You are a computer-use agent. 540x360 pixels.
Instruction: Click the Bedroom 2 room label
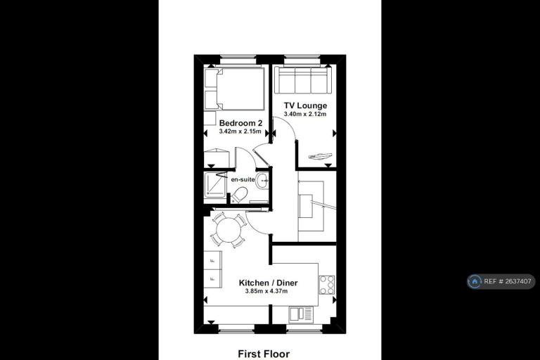pos(240,123)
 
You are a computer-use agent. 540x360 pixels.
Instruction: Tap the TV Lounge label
pos(305,105)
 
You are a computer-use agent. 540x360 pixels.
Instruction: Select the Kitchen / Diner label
pos(269,283)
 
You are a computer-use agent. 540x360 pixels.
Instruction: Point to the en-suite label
pos(243,179)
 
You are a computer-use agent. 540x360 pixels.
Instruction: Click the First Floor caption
pos(264,354)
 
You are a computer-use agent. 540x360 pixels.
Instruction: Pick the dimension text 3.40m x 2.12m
pos(304,114)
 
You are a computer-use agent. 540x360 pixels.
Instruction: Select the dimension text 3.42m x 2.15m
pos(240,131)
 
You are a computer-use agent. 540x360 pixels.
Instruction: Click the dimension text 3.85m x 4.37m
pos(266,291)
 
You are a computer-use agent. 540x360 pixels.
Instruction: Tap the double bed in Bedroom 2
pos(235,89)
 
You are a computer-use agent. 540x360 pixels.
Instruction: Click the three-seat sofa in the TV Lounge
pos(303,80)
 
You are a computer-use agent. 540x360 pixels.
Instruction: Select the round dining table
pos(228,230)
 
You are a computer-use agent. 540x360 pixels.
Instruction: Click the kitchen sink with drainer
pos(301,314)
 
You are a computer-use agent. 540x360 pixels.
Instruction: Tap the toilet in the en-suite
pos(238,195)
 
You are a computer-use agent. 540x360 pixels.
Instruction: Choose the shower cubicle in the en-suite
pos(215,186)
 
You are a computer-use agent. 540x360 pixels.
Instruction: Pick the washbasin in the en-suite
pos(262,180)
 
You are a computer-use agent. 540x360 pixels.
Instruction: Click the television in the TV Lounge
pos(321,156)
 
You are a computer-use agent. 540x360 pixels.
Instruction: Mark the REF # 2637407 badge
pos(501,281)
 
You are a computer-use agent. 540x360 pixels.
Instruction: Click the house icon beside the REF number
pos(475,281)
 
